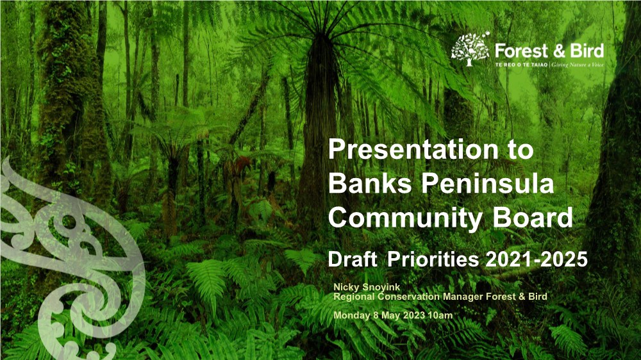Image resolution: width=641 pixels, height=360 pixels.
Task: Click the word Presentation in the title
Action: [413, 149]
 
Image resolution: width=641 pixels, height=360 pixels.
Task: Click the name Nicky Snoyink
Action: [367, 287]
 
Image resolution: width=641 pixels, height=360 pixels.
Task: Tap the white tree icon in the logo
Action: [470, 49]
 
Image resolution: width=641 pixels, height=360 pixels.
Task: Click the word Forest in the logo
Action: [521, 51]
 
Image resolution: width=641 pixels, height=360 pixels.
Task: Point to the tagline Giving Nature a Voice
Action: [578, 65]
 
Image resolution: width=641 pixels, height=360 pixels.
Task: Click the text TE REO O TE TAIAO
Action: [521, 65]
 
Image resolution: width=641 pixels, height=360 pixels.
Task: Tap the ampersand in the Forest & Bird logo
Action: [559, 51]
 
